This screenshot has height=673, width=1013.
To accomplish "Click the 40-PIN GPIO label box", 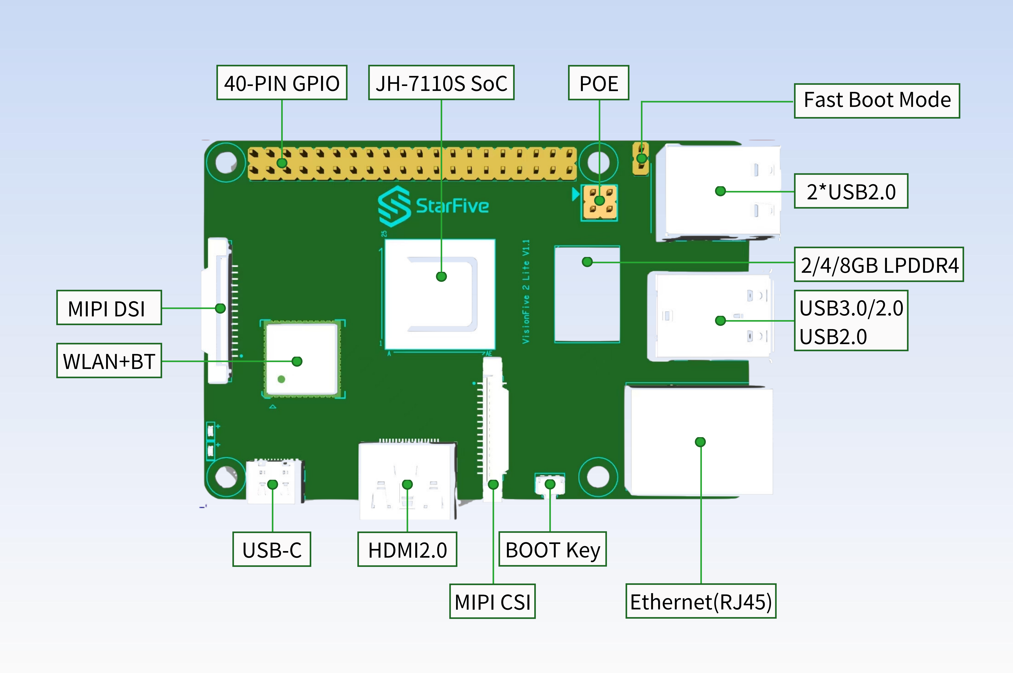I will pos(282,83).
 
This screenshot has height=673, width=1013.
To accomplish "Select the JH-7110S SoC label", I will pos(441,83).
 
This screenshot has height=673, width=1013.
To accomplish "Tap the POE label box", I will pos(598,83).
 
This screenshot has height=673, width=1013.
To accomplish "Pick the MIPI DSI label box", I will pos(109,308).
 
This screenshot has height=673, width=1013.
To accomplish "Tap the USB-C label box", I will pos(272,549).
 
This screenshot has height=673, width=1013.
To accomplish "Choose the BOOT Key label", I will pos(552,549).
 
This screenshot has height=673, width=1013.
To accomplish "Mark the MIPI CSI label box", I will pos(492,601).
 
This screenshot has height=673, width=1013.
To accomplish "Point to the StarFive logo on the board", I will pos(434,206).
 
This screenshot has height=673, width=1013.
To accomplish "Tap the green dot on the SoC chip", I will pos(441,276).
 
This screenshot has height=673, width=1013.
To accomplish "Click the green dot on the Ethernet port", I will pos(700,442).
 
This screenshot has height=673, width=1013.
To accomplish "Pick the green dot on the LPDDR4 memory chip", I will pos(587,262).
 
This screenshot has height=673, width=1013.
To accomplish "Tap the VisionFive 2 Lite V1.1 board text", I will pos(526,292).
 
